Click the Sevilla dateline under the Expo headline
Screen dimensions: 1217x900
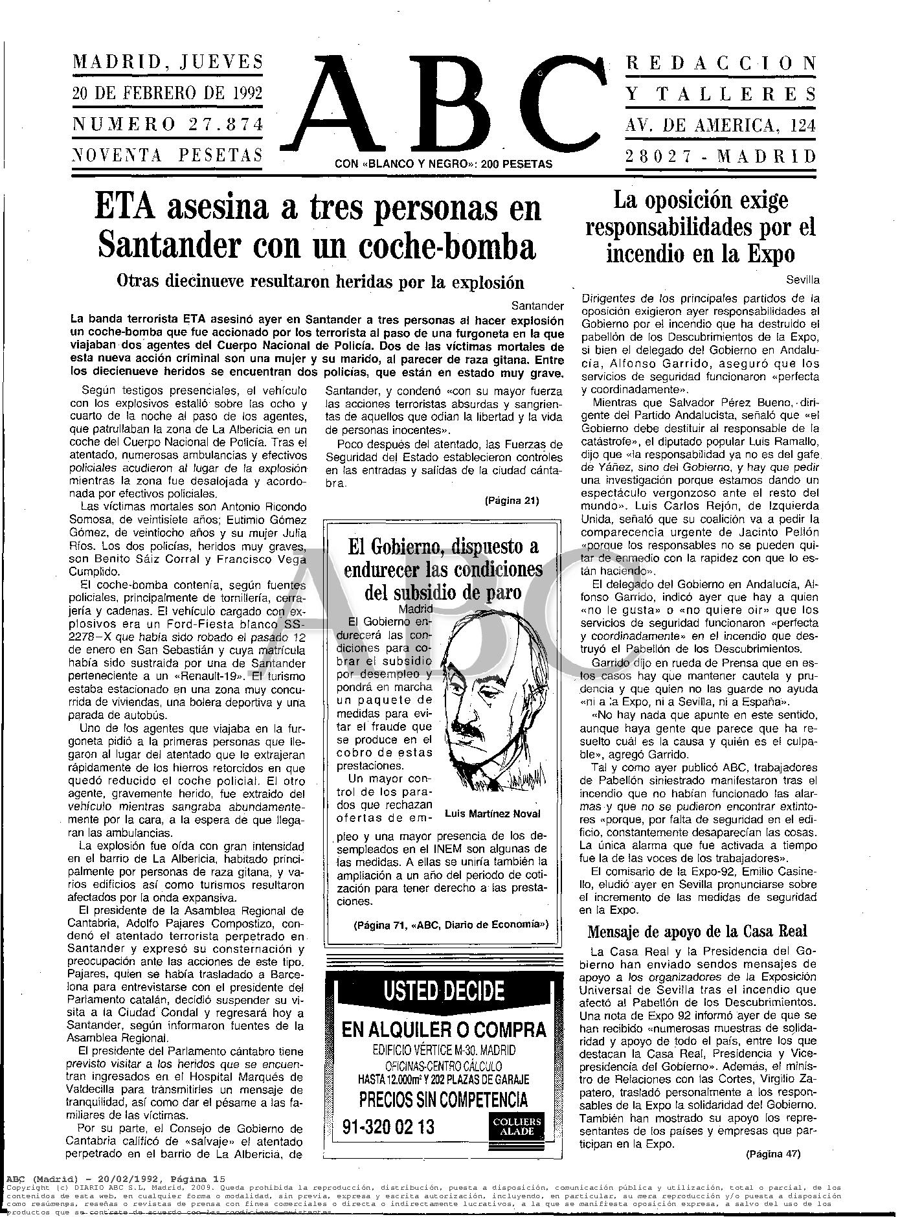802,280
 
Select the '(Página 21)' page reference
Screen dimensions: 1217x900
511,500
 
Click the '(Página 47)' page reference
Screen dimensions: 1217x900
772,1153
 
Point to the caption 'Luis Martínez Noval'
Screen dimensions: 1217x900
493,814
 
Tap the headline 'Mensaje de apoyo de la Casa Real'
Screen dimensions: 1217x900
697,931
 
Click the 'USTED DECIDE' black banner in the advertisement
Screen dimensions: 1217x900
444,992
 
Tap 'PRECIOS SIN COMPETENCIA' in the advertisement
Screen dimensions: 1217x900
444,1099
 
